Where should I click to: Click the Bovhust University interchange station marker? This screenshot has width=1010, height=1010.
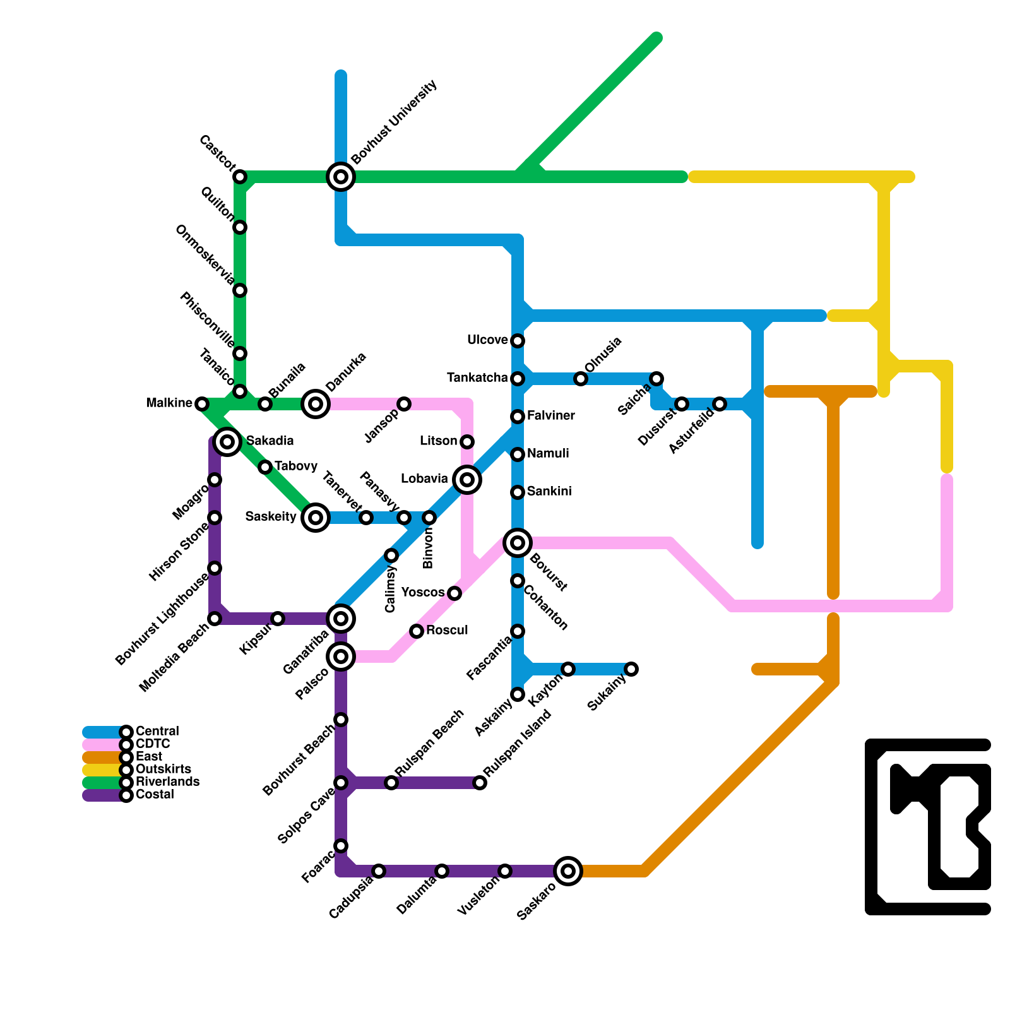coord(341,177)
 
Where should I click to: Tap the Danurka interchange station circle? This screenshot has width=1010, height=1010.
coord(316,403)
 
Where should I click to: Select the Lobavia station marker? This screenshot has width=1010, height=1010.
coord(467,480)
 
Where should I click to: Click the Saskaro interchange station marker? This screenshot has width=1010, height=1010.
coord(568,871)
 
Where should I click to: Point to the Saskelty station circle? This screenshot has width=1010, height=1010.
coord(316,518)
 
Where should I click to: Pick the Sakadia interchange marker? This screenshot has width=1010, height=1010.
coord(227,441)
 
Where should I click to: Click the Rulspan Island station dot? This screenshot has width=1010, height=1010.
coord(480,783)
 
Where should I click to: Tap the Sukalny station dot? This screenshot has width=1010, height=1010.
coord(631,669)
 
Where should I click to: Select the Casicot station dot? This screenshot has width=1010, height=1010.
coord(240,177)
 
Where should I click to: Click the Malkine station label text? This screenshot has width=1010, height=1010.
coord(169,403)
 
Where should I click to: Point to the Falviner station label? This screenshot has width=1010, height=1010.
coord(550,415)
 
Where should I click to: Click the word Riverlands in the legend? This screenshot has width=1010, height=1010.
coord(167,781)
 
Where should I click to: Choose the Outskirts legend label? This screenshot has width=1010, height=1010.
coord(163,769)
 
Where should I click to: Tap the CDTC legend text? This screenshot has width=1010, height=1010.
coord(153,744)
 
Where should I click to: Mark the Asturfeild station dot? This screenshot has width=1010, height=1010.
coord(720,404)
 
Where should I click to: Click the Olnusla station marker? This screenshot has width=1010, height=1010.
coord(581,379)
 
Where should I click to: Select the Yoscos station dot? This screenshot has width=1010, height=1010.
coord(454,593)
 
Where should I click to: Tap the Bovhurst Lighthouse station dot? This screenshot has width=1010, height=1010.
coord(215,568)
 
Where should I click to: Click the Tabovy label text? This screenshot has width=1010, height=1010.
coord(295,466)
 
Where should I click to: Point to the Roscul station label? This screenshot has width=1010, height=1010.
coord(447,630)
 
